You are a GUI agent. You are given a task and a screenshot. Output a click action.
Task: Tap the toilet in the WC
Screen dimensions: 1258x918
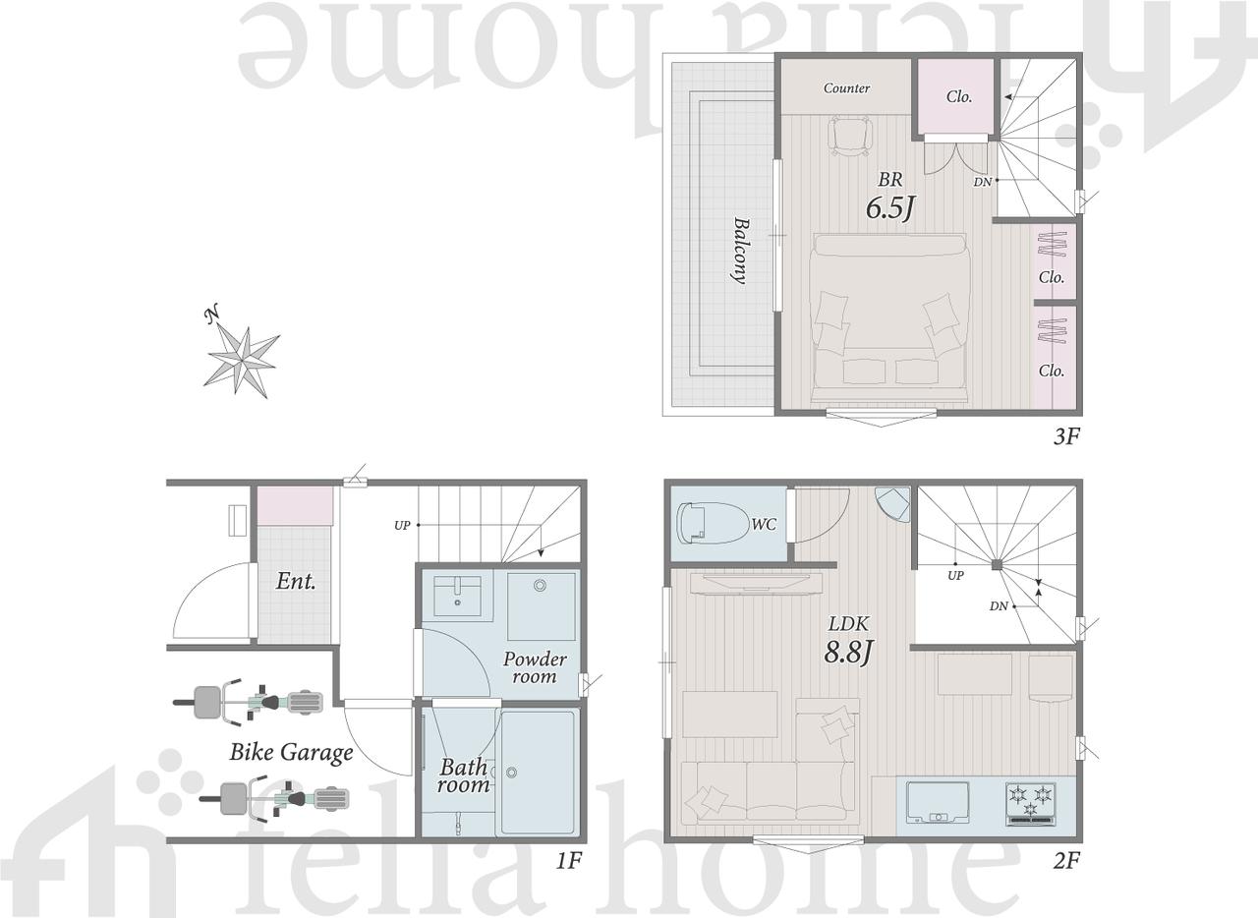tap(714, 523)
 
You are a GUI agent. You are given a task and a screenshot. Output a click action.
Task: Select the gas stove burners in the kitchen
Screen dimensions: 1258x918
tap(1031, 804)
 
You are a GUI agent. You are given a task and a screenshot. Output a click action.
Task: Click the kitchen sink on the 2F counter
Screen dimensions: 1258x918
tap(938, 802)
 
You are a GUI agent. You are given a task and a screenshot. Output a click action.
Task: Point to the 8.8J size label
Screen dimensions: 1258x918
tap(848, 653)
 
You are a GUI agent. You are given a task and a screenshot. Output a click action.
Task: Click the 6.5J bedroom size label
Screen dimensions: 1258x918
tap(890, 208)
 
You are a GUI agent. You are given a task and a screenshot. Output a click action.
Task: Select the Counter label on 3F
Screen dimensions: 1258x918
tap(846, 88)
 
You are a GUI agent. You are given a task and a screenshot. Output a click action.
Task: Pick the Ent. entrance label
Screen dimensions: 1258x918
tap(296, 582)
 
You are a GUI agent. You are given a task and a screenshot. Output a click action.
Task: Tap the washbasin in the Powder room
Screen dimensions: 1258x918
tap(457, 596)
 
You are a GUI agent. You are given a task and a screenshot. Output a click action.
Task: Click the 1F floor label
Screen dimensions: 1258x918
tap(568, 876)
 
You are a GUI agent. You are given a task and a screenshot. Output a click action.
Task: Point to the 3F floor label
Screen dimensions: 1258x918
tap(1066, 436)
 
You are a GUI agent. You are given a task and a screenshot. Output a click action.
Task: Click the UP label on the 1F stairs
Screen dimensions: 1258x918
tap(402, 525)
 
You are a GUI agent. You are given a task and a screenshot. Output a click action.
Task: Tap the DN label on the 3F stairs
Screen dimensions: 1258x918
tap(982, 182)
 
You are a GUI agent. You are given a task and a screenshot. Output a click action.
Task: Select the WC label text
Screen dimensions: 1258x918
tap(764, 524)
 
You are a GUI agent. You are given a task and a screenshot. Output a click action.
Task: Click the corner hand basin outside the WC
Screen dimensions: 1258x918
tap(891, 504)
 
